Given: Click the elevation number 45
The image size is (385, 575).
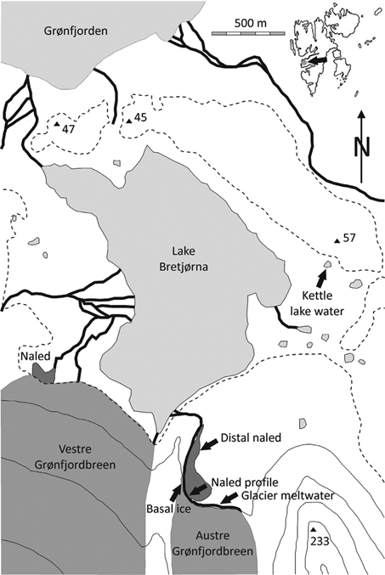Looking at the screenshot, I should click(x=141, y=117).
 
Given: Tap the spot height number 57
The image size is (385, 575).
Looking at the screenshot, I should click(x=348, y=236).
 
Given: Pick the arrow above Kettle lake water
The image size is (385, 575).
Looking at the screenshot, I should click(x=321, y=275).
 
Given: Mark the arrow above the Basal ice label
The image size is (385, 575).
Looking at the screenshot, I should click(x=176, y=493).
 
